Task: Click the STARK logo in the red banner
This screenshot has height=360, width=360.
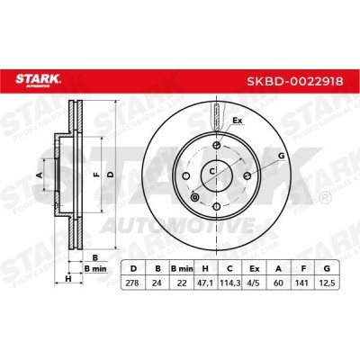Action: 37,80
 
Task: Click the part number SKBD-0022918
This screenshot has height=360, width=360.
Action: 295,81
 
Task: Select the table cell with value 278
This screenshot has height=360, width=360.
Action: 132,283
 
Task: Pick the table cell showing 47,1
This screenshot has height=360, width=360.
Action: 205,283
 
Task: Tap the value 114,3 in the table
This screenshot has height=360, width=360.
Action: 230,283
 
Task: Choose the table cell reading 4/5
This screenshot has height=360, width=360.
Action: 255,283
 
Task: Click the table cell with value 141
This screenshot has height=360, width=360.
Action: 303,283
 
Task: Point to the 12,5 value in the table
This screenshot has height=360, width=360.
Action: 327,283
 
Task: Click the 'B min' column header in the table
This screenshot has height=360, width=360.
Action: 182,268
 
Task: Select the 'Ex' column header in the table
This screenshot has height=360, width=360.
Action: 255,268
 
